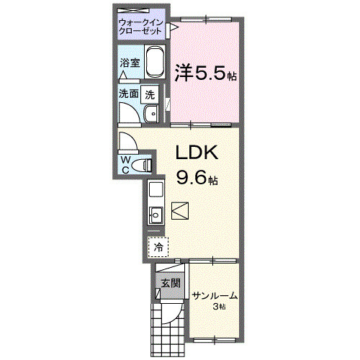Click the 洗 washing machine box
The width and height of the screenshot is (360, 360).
(x=150, y=94)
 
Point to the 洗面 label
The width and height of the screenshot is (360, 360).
(x=129, y=94)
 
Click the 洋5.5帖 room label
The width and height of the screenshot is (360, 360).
(x=206, y=73)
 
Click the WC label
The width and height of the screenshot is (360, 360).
(x=126, y=163)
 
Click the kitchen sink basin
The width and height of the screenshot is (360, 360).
(x=156, y=213)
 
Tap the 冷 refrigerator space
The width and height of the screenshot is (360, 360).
(x=158, y=247)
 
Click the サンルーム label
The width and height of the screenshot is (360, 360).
(x=214, y=296)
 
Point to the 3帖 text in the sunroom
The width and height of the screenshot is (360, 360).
(x=219, y=308)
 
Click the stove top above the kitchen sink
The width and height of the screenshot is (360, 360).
(x=156, y=192)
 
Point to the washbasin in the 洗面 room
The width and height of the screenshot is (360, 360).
(x=150, y=114)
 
